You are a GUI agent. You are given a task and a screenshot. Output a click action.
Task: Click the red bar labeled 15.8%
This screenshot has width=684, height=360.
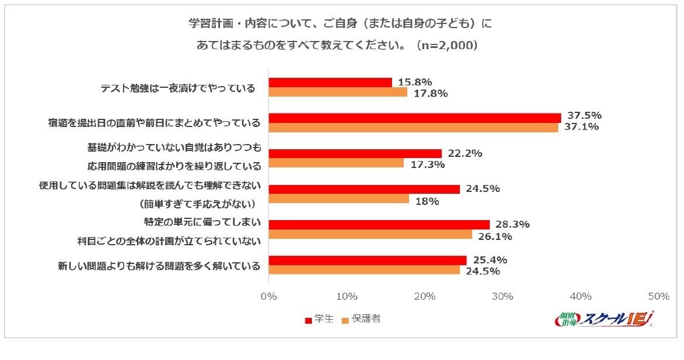[x=330, y=83]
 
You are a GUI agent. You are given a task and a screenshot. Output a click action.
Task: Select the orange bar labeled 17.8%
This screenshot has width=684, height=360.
[x=338, y=92]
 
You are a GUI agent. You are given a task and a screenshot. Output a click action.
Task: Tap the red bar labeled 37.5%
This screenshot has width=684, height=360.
[x=414, y=118]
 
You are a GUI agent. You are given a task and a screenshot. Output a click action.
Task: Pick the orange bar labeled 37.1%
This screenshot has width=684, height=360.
[x=413, y=127]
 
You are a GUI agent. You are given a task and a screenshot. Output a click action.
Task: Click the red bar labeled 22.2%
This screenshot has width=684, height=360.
[x=355, y=153]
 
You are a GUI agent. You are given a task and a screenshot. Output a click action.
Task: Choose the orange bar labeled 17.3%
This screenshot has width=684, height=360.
[x=336, y=163]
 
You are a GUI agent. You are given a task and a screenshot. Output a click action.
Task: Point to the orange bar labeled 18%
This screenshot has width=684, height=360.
[x=339, y=199]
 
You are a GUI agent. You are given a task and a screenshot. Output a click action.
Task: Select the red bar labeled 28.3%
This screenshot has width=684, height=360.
[x=379, y=225]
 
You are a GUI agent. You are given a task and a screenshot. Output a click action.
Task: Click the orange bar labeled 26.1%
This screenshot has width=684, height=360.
[x=370, y=235]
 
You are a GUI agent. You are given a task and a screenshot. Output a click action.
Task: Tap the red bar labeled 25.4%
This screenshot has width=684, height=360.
[x=367, y=260]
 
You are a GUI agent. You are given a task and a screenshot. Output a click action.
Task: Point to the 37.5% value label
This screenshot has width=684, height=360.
[x=582, y=115]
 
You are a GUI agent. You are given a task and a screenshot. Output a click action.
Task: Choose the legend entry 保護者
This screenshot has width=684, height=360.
[x=363, y=319]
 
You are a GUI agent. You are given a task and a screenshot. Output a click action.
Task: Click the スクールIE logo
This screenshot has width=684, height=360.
[x=603, y=320]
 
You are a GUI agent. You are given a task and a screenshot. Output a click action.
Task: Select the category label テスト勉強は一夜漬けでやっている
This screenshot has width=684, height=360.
[x=178, y=88]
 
